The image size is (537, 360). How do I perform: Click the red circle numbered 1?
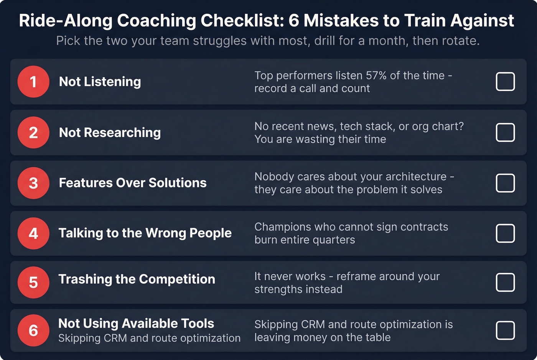click(33, 82)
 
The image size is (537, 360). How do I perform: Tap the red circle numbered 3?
click(33, 183)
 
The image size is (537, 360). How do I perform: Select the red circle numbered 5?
click(33, 283)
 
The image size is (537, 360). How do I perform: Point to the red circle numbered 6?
click(33, 330)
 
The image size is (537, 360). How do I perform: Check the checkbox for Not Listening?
click(505, 82)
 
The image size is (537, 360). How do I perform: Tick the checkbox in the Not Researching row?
click(505, 133)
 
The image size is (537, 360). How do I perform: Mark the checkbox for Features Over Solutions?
click(505, 183)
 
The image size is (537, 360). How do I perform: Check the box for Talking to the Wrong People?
click(505, 233)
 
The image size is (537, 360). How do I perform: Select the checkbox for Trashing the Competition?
click(505, 283)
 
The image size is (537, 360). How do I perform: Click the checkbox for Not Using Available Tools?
click(505, 330)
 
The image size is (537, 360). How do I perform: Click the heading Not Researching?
click(110, 133)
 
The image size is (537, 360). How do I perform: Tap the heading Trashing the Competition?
click(137, 279)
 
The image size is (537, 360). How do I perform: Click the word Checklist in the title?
click(242, 21)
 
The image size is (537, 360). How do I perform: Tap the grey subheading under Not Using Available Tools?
click(149, 338)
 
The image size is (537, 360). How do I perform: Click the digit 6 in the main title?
click(293, 21)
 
